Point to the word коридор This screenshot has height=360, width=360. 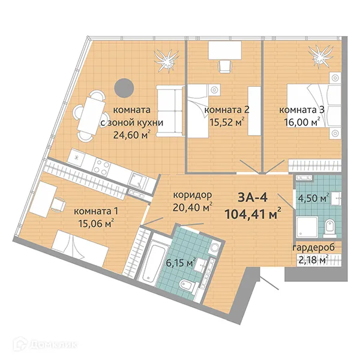click(193, 196)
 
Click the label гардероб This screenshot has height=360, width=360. click(313, 248)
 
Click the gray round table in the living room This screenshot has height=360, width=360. click(124, 88)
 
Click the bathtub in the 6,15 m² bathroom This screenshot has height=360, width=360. click(154, 263)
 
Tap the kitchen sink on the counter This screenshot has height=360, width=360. click(136, 178)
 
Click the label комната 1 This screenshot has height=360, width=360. click(93, 211)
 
